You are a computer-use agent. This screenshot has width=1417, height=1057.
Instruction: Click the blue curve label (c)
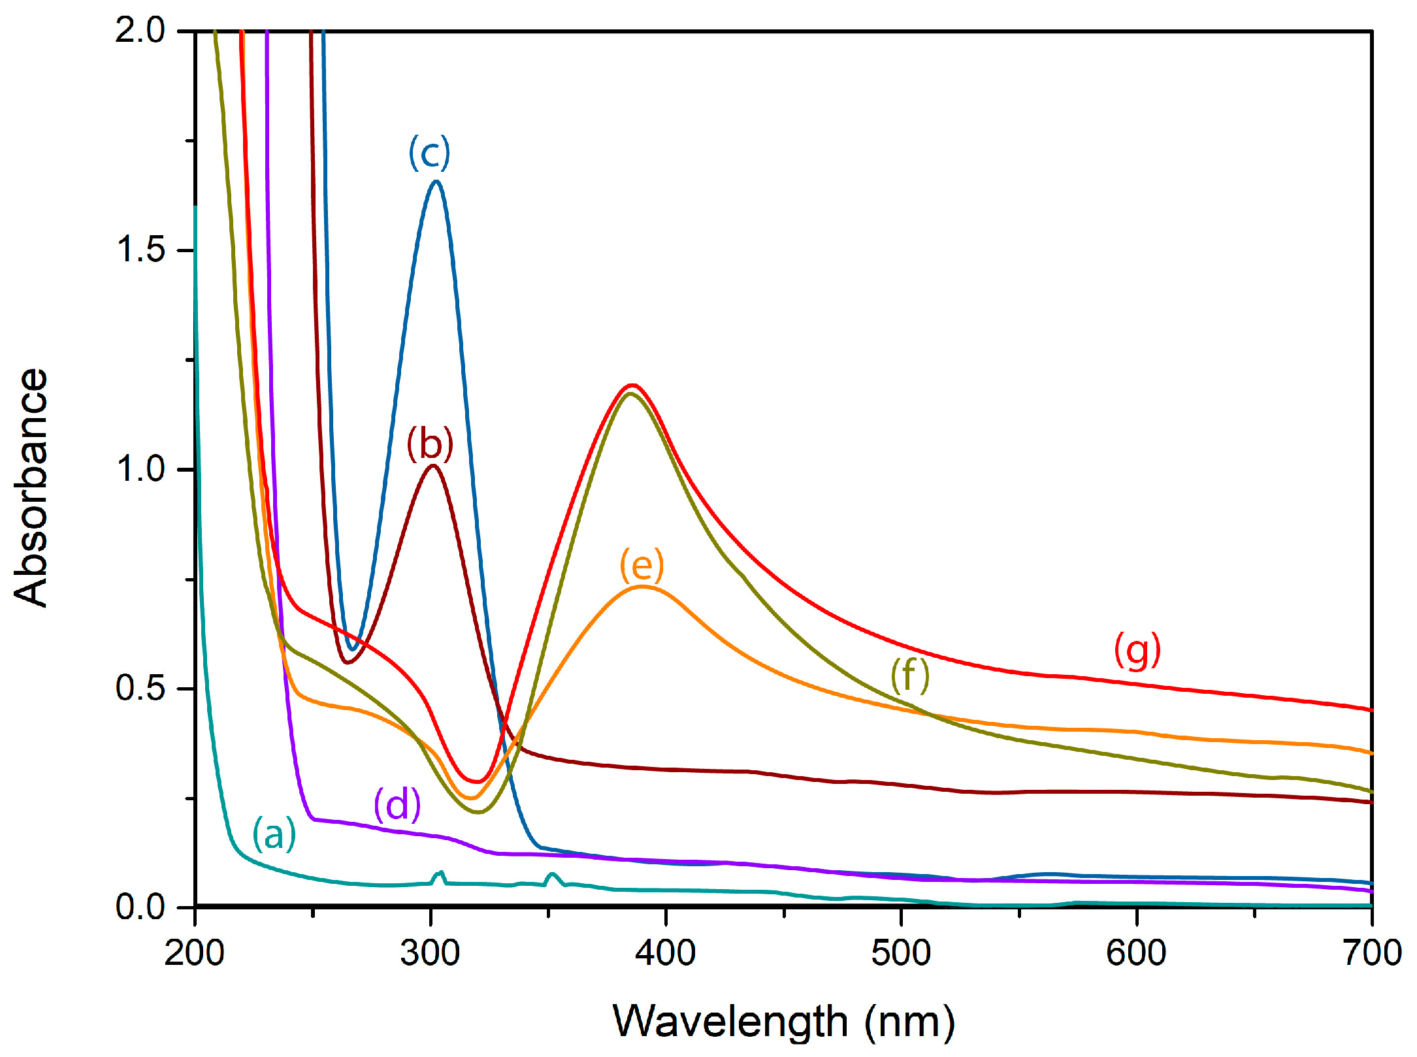429,154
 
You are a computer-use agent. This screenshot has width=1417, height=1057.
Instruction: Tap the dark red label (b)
429,444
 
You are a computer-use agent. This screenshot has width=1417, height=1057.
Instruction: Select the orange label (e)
642,565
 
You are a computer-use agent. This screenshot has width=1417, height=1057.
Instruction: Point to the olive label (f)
910,675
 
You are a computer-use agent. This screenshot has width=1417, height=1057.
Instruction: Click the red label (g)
1137,650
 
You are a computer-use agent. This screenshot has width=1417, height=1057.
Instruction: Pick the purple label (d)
397,804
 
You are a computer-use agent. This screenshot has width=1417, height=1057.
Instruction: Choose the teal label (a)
274,834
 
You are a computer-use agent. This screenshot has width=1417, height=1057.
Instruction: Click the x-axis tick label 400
665,953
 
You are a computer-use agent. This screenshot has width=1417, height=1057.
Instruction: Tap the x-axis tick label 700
1372,953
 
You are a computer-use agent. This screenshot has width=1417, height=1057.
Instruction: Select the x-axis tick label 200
194,953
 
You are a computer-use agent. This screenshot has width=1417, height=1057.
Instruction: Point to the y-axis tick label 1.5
140,250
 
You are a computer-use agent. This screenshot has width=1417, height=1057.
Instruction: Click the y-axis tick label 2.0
140,31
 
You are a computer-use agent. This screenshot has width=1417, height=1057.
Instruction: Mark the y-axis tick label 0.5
140,688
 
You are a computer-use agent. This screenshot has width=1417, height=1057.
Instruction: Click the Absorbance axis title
31,487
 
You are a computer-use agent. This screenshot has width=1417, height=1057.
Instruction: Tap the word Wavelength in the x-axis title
730,1022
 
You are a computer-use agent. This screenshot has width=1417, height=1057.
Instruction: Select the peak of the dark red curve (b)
432,466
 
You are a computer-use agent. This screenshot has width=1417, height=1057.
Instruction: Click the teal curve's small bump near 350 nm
552,874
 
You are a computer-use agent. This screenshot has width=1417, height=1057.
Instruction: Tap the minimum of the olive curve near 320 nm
478,812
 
